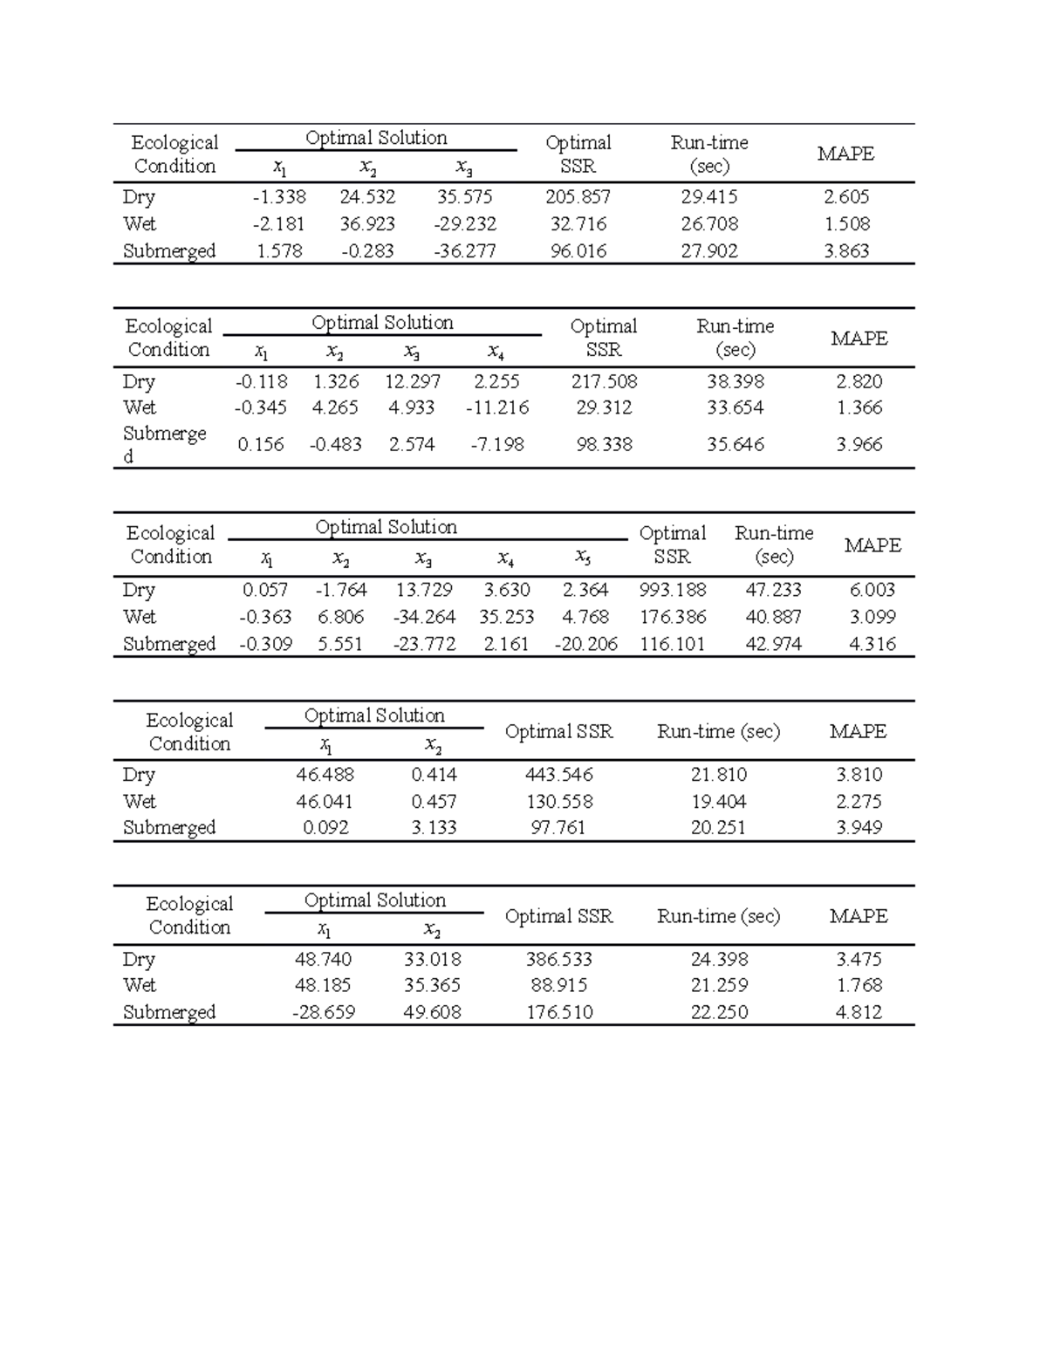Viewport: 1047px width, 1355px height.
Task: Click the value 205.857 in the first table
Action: tap(578, 197)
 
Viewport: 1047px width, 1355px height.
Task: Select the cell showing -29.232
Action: tap(464, 224)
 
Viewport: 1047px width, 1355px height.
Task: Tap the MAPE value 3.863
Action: tap(846, 251)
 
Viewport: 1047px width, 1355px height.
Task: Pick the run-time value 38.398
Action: tap(735, 382)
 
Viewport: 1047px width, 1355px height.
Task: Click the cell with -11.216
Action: tap(496, 408)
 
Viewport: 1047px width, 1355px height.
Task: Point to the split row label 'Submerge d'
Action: tap(164, 444)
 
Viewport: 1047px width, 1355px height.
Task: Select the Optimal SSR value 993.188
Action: tap(672, 591)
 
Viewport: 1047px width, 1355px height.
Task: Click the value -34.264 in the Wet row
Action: tap(424, 618)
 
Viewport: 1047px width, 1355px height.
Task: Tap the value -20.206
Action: tap(585, 645)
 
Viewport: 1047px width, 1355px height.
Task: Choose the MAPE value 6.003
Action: tap(872, 591)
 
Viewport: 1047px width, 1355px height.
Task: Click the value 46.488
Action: tap(325, 775)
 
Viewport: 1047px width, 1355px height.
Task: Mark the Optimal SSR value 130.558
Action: tap(558, 802)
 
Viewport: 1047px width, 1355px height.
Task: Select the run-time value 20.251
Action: tap(718, 828)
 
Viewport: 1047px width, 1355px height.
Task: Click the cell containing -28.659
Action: tap(323, 1013)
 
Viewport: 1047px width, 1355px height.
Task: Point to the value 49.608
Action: tap(432, 1013)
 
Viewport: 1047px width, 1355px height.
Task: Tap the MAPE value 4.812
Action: tap(859, 1013)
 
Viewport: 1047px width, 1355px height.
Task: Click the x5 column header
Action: tap(583, 557)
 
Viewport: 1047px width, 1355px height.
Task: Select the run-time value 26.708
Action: tap(708, 224)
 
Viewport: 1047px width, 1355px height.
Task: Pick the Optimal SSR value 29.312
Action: tap(604, 408)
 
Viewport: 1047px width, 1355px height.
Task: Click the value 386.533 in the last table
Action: tap(558, 960)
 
